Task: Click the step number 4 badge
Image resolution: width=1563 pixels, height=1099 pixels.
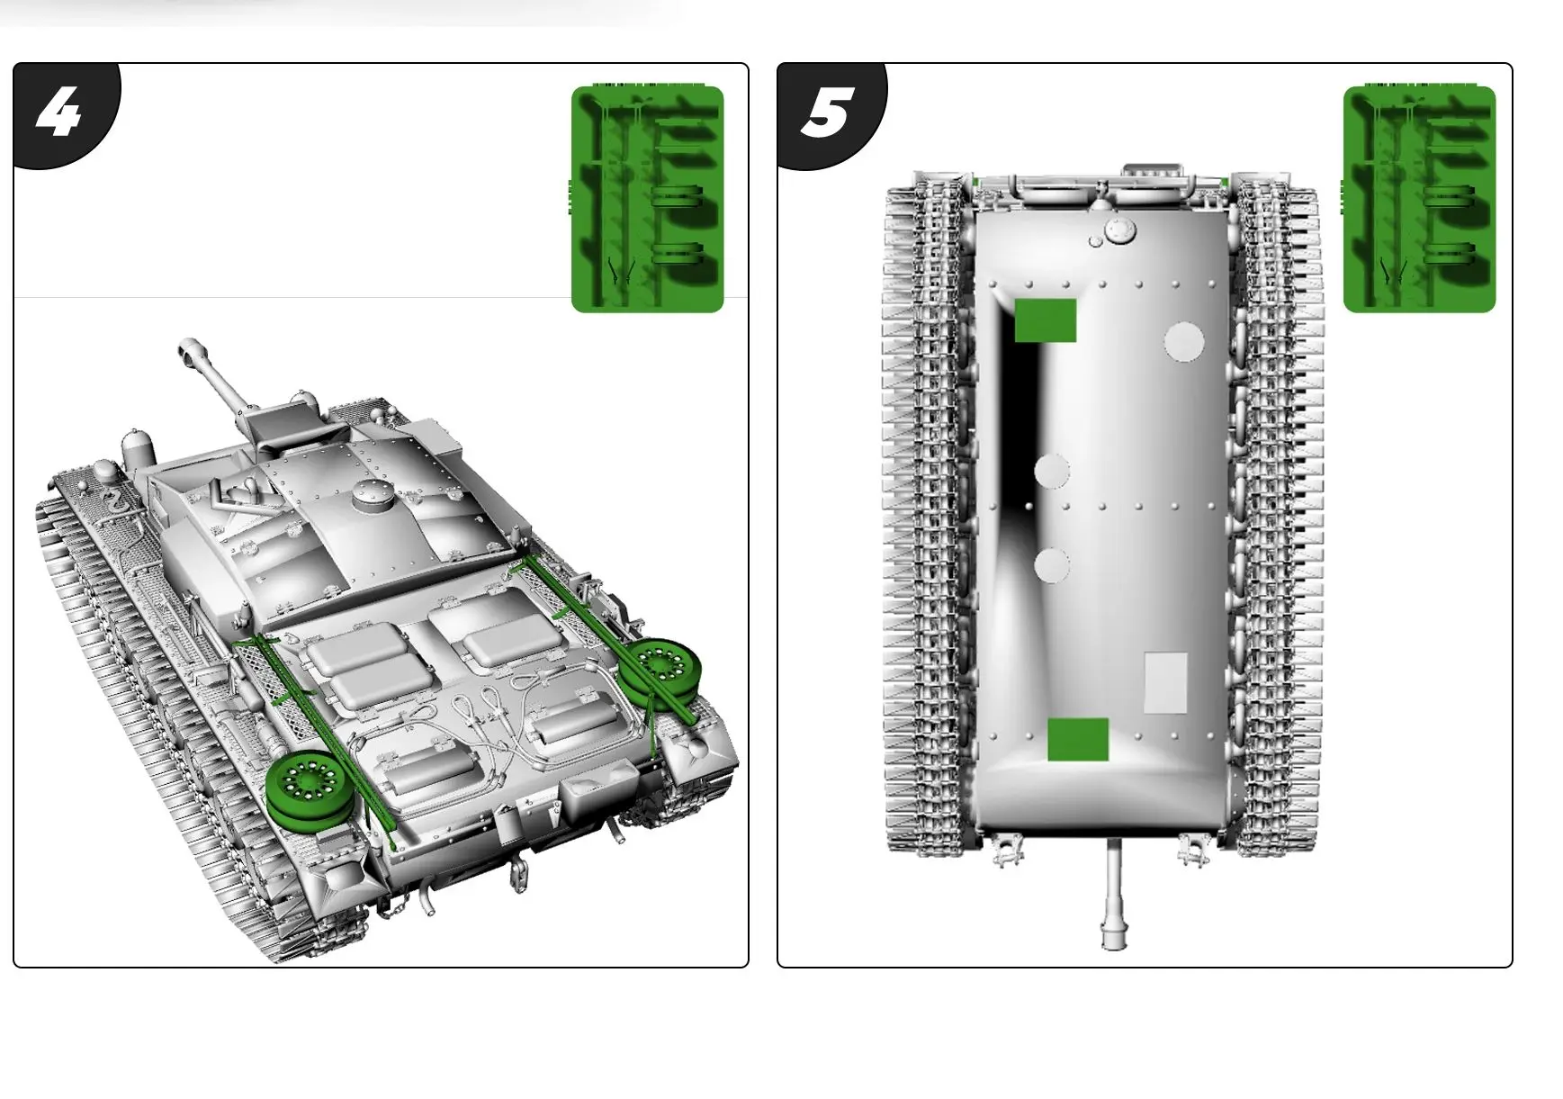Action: click(59, 112)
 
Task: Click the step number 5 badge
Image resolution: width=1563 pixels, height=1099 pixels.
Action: click(826, 112)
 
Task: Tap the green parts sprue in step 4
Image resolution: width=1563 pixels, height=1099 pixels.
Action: click(647, 199)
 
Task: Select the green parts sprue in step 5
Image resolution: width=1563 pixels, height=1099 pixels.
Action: click(1418, 199)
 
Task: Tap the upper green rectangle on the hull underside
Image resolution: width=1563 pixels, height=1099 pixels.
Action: click(1045, 320)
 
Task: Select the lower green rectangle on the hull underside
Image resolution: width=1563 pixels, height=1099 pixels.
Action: click(1078, 739)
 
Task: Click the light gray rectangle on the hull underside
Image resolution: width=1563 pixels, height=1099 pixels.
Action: click(1165, 682)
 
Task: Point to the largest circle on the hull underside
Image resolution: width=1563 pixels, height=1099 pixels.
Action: click(1184, 341)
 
